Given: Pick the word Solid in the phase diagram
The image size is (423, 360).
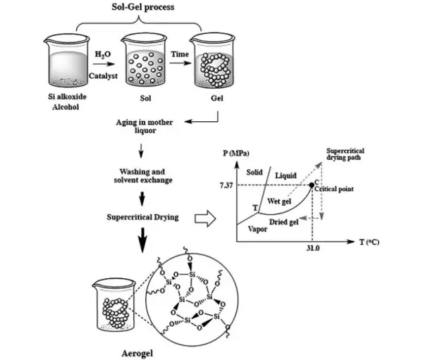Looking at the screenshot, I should click(255, 173).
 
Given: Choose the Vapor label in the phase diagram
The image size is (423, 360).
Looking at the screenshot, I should click(256, 230).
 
